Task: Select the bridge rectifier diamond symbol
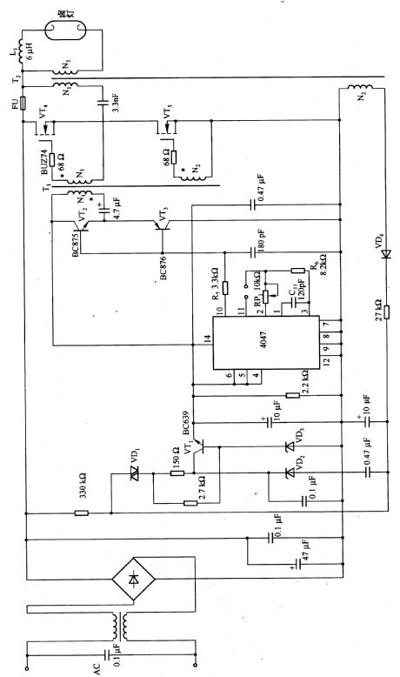coord(133,580)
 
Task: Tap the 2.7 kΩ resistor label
coord(202,482)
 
